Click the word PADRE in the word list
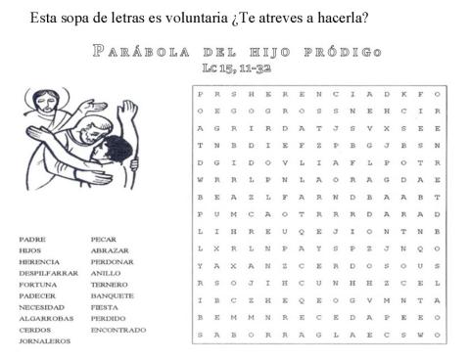coord(32,239)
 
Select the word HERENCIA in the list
coord(39,261)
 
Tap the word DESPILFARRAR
coord(48,273)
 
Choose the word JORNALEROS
coord(44,340)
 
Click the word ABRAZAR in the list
coord(110,250)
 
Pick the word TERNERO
coord(110,284)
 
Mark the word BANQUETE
coord(113,295)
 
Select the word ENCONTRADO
coord(118,330)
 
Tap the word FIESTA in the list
coord(105,307)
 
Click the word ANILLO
coord(106,273)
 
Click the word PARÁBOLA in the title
coord(136,51)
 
